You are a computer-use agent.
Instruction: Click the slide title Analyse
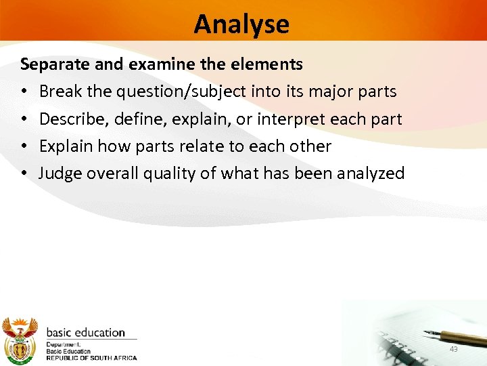(x=241, y=24)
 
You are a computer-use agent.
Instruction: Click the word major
(x=331, y=91)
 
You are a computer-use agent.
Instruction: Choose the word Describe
(x=69, y=119)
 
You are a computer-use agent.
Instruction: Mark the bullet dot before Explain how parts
(x=23, y=146)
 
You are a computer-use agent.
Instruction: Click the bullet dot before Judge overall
(x=23, y=174)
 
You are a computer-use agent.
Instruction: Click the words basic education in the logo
(x=85, y=333)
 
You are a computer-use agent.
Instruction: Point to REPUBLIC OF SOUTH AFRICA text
(x=91, y=358)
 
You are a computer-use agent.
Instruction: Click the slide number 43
(x=454, y=349)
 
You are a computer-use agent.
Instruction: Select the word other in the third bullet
(x=310, y=146)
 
